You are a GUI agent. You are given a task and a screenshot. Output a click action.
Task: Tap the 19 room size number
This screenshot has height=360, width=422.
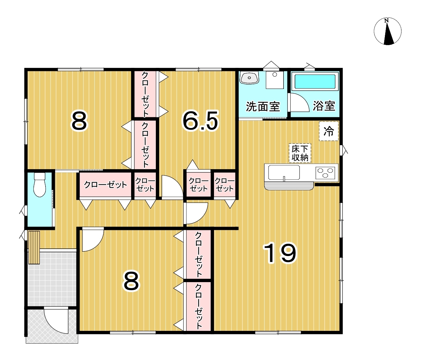pos(280,253)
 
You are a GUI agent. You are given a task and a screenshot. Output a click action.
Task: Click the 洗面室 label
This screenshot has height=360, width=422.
pos(263,106)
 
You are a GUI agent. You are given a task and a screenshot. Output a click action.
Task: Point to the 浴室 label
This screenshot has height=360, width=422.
pos(324,106)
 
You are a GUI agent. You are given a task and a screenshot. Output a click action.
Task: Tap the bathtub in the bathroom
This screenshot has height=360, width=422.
pos(315,82)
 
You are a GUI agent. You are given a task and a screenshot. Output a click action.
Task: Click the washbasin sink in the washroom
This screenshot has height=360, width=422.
pos(249,78)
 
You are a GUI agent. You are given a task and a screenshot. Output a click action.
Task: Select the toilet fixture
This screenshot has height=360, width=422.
pos(39,185)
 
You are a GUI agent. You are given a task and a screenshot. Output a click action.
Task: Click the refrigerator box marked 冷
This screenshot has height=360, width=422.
pos(329,131)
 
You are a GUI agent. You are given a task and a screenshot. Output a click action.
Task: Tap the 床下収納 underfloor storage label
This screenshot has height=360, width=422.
pos(300,153)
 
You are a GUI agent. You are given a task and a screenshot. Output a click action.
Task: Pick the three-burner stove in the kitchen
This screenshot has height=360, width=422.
pos(325,173)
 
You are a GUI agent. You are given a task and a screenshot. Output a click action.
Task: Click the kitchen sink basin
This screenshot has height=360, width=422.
pos(284,172)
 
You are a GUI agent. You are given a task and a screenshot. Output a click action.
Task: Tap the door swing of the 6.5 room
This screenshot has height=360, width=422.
pos(173,186)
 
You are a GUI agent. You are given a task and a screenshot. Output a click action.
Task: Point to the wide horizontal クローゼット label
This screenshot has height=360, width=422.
pos(105,185)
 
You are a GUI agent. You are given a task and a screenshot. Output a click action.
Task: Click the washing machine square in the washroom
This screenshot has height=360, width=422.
pos(275,80)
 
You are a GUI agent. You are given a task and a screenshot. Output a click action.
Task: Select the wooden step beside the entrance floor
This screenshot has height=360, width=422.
pos(34,248)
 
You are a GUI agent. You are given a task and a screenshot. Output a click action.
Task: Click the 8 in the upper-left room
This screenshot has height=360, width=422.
pos(79,122)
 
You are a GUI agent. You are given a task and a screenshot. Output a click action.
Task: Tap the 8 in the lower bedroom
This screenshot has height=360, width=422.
pos(131,282)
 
